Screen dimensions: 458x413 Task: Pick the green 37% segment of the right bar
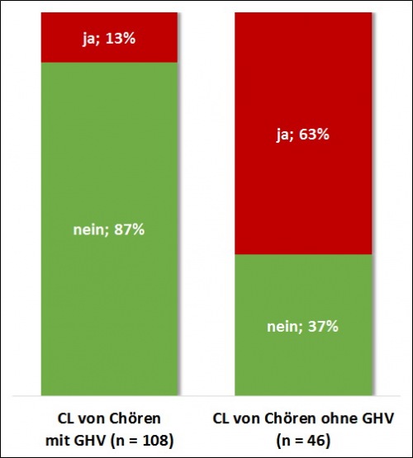tap(301, 363)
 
